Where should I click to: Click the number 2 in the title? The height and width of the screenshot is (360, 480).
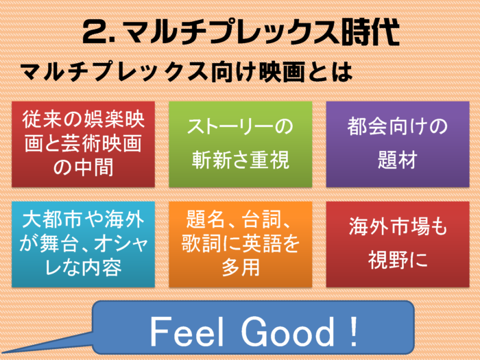95,32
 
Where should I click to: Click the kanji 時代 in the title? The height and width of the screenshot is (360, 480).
371,32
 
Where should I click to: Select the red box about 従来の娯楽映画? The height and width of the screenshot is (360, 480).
83,144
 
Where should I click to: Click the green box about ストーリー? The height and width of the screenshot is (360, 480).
241,144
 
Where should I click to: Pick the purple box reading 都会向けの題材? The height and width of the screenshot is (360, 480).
398,144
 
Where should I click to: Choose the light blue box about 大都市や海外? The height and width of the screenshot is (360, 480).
83,244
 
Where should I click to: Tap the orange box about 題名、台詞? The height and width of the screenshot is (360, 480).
241,244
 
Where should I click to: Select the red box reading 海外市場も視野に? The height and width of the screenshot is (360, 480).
398,244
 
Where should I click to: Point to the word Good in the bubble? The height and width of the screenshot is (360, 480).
288,332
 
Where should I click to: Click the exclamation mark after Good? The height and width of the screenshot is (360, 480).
354,331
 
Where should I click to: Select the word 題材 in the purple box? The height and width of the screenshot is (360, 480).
398,160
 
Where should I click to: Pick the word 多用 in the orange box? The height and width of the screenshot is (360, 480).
241,267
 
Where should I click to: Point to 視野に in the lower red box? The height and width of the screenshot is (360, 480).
398,260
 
